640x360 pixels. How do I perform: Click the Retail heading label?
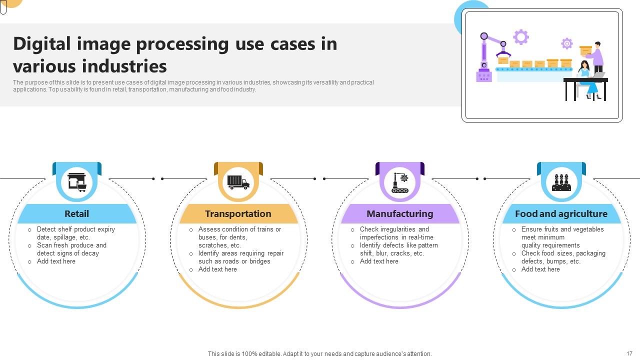click(76, 214)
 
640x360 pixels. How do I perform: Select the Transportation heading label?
click(238, 214)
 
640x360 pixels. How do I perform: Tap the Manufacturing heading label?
click(399, 214)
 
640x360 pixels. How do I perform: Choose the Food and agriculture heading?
click(561, 214)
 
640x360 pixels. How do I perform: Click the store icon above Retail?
click(77, 182)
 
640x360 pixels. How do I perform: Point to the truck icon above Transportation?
click(238, 182)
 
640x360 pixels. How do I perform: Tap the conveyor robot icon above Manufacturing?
click(400, 183)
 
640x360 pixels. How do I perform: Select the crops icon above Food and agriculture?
click(561, 183)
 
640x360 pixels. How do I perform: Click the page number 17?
click(629, 353)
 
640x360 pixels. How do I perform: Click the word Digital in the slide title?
click(42, 44)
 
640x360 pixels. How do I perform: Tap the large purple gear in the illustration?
click(520, 36)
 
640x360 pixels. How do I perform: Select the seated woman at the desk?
click(586, 77)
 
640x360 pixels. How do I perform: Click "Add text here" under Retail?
click(56, 261)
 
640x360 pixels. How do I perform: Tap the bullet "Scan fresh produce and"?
click(71, 245)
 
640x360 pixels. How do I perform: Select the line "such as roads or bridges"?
click(234, 261)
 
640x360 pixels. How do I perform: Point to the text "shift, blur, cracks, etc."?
click(391, 253)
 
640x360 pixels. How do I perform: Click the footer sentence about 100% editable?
click(319, 354)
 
